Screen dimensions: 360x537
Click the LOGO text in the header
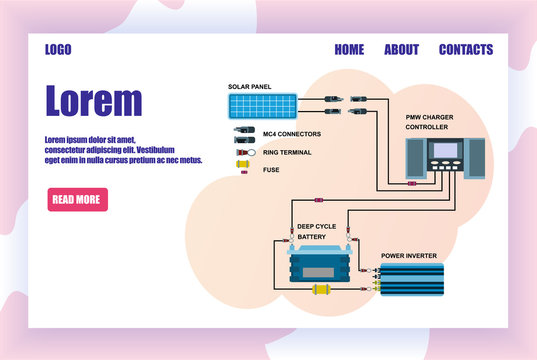tap(58, 50)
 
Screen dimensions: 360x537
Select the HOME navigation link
tap(349, 50)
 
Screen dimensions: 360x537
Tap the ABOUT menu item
tap(401, 50)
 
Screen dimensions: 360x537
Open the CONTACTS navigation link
tap(466, 50)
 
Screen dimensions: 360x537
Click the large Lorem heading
tap(94, 101)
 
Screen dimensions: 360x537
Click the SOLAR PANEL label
tap(249, 87)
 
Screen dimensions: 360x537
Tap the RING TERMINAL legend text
tap(286, 152)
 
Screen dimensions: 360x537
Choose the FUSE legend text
tap(271, 170)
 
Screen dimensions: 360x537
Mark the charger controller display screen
tap(444, 152)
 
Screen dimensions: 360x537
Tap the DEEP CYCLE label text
tap(316, 227)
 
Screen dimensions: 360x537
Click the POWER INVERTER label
tap(409, 256)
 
